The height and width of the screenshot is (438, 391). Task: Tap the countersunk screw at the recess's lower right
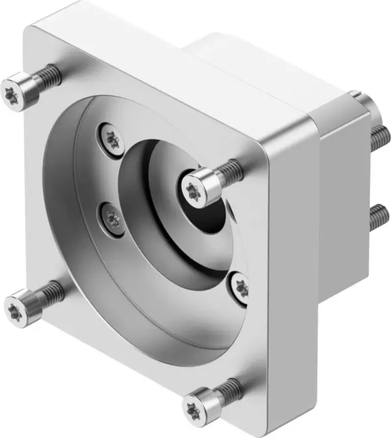point(240,287)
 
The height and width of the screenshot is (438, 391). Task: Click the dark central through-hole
point(222,215)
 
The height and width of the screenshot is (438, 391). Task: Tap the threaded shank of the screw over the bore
point(227,170)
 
